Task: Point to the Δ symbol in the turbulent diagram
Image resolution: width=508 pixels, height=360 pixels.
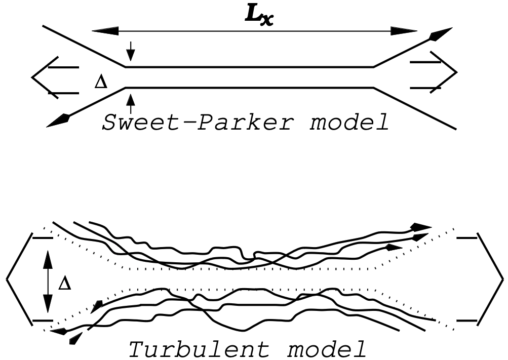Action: (x=65, y=283)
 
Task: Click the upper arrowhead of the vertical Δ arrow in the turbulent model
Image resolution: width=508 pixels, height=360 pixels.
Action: (x=47, y=259)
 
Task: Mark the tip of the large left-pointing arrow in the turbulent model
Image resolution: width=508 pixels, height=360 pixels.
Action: (x=7, y=278)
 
